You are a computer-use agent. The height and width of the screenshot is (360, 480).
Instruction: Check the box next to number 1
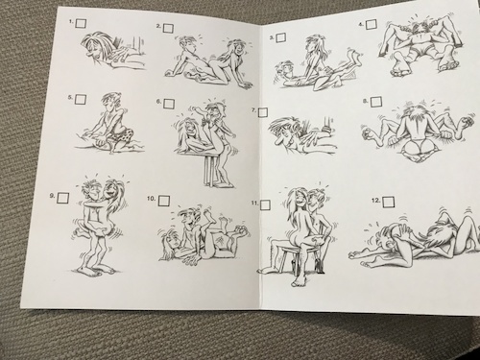[81, 23]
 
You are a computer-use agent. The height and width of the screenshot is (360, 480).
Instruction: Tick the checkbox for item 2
[168, 28]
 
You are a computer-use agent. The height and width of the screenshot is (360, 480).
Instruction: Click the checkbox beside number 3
[281, 37]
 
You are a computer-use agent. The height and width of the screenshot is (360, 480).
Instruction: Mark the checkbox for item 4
[372, 24]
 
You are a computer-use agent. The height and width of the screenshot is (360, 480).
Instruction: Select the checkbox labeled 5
[81, 99]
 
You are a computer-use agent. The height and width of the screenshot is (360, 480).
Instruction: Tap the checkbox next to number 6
[169, 104]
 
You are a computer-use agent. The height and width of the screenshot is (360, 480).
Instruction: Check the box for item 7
[263, 112]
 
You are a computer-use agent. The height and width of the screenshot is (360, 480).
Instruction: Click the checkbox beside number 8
[376, 102]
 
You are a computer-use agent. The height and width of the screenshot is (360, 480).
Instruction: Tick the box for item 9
[63, 198]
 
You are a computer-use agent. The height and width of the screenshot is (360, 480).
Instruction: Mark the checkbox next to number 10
[164, 200]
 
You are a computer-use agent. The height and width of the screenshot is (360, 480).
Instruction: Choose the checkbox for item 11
[265, 204]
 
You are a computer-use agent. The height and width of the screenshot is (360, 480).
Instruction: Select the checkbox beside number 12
[389, 202]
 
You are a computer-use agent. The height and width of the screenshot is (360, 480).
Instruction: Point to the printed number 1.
[72, 22]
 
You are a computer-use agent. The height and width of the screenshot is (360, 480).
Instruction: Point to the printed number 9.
[52, 196]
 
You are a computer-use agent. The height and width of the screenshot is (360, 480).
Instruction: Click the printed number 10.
[151, 199]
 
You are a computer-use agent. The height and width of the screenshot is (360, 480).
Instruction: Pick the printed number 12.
[375, 201]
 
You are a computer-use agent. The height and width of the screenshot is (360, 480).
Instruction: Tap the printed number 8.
[365, 101]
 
